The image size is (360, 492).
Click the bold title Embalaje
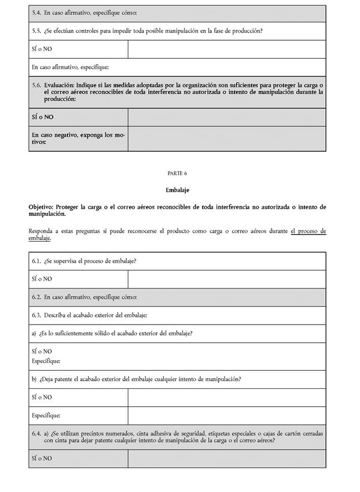[178, 190]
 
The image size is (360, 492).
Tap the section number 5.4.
[37, 13]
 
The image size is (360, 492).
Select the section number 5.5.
[37, 31]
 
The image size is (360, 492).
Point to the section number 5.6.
[37, 85]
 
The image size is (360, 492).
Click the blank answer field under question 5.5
[227, 49]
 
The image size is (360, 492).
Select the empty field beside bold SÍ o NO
[227, 117]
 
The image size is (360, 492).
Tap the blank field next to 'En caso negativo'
[227, 139]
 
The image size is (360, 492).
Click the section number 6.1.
[37, 261]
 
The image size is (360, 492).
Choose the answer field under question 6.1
[227, 279]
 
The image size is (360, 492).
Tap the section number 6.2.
[37, 297]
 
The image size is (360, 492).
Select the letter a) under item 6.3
[34, 334]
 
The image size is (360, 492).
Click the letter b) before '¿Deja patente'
[34, 379]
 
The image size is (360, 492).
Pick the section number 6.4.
[37, 433]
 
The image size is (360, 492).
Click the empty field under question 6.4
[227, 458]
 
